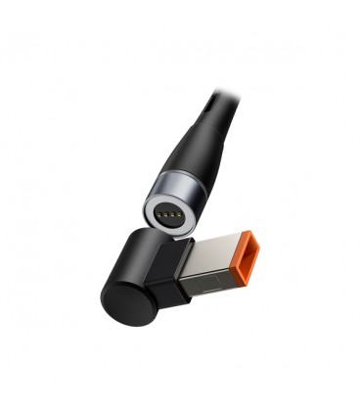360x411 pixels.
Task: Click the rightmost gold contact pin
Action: coord(179,209)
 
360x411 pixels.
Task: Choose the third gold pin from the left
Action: coord(173,208)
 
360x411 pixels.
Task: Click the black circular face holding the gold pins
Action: coord(170,212)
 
